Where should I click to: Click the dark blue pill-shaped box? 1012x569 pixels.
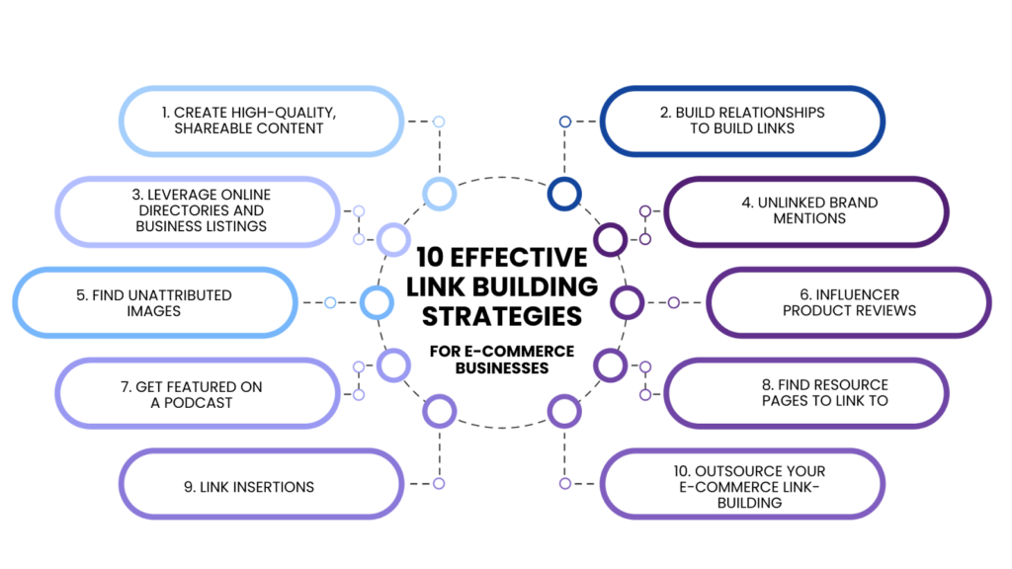[742, 122]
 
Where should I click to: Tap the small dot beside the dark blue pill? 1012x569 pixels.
[565, 122]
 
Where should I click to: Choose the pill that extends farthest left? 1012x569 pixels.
[155, 302]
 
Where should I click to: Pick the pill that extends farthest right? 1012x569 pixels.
[849, 302]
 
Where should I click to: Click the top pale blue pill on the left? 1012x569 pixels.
[261, 122]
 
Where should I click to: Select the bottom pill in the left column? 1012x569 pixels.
[261, 483]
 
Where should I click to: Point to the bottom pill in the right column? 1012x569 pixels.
[742, 483]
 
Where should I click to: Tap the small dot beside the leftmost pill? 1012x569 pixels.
[330, 302]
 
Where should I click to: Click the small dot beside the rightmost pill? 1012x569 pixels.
[674, 302]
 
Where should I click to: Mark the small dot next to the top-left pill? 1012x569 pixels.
[439, 122]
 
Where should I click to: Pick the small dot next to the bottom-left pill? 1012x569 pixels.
[439, 483]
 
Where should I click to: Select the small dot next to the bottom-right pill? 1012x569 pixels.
[565, 483]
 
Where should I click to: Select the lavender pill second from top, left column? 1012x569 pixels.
[198, 211]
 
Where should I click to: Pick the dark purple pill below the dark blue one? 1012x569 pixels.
[805, 211]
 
